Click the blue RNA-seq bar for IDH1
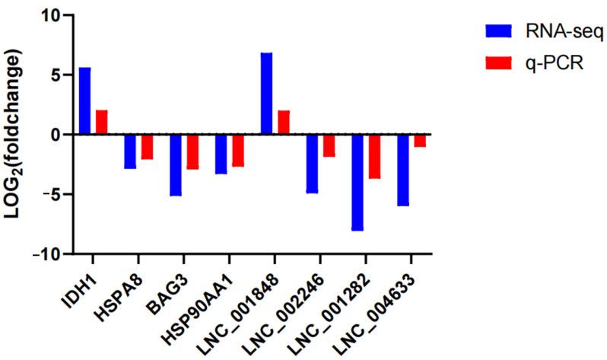(84, 100)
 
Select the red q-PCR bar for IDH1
(101, 122)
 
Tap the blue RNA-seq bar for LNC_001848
(266, 93)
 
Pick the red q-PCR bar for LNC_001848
(283, 122)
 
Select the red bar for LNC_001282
(373, 156)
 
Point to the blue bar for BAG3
(176, 164)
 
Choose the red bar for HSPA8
(147, 146)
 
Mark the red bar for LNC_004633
(419, 140)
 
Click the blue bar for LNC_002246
(312, 164)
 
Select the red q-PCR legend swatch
(499, 65)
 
